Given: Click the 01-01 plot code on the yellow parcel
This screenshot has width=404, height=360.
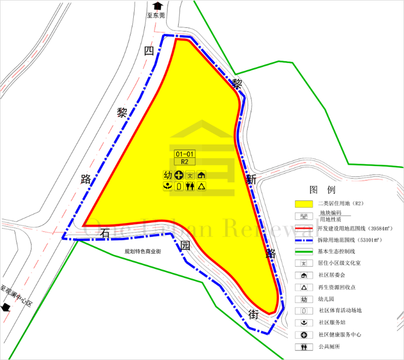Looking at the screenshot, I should pyautogui.click(x=185, y=154).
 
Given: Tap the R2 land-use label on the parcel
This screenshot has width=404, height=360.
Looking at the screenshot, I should pyautogui.click(x=185, y=162).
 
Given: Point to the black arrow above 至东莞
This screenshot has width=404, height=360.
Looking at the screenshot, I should pyautogui.click(x=157, y=6).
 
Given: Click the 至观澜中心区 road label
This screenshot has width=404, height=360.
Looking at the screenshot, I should pyautogui.click(x=16, y=297).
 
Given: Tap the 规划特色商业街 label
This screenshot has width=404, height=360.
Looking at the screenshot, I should pyautogui.click(x=143, y=250).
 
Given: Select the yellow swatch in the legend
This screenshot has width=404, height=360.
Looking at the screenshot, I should pyautogui.click(x=304, y=204).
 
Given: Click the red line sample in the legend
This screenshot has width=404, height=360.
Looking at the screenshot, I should pyautogui.click(x=304, y=228).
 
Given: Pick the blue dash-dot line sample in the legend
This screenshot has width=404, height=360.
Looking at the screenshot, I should pyautogui.click(x=304, y=240).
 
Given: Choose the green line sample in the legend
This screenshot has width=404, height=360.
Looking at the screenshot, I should pyautogui.click(x=304, y=251).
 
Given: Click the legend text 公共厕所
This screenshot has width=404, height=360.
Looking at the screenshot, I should pyautogui.click(x=330, y=347).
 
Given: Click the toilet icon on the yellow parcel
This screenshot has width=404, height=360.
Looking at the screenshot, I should pyautogui.click(x=190, y=186).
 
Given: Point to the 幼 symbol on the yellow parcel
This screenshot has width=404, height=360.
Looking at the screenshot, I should pyautogui.click(x=168, y=175).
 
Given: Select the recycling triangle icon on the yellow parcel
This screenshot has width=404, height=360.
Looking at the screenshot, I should pyautogui.click(x=201, y=186).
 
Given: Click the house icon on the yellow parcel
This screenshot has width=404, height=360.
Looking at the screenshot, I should pyautogui.click(x=201, y=175).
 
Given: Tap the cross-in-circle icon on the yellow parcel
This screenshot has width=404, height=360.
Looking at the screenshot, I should pyautogui.click(x=179, y=175).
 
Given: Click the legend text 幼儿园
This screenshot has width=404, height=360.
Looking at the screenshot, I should pyautogui.click(x=327, y=299).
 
